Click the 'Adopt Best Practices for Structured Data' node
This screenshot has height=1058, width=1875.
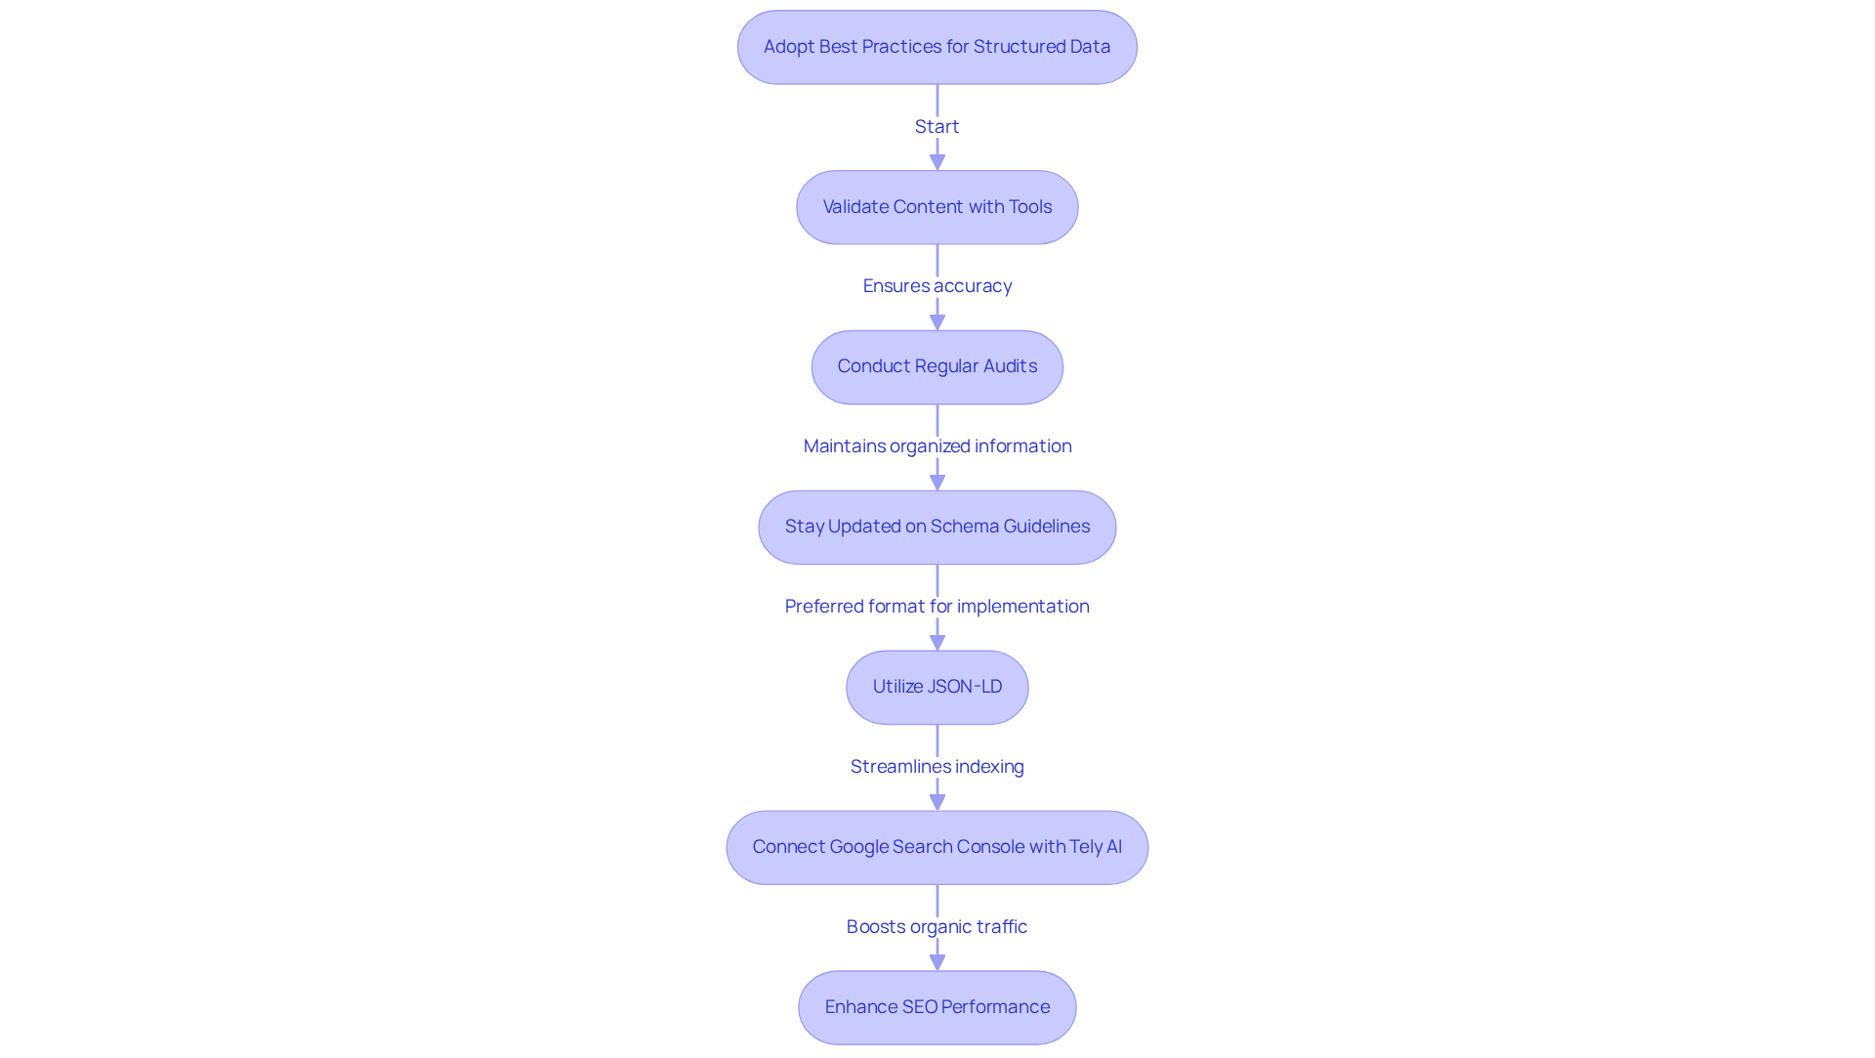click(x=937, y=47)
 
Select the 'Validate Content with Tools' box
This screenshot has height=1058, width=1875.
click(x=937, y=207)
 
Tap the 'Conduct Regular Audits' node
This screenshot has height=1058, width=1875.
click(x=937, y=366)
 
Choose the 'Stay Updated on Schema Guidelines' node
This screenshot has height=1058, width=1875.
click(x=937, y=527)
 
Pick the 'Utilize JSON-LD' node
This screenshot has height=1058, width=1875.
click(x=937, y=687)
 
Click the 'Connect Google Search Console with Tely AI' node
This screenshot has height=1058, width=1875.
click(x=937, y=847)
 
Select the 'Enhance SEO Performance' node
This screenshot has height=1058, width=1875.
click(x=937, y=1007)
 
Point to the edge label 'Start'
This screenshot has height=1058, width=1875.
click(x=937, y=127)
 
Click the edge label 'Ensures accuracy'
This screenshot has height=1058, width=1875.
click(x=937, y=286)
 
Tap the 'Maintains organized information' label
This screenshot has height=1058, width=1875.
click(x=937, y=446)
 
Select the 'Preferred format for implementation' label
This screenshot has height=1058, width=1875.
click(x=937, y=607)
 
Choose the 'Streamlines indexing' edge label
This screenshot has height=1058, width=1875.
click(x=937, y=767)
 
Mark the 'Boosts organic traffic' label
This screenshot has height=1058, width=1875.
click(x=937, y=927)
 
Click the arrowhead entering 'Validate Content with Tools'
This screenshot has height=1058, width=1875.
click(x=937, y=162)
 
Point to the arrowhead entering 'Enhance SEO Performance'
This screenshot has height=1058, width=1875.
click(x=937, y=962)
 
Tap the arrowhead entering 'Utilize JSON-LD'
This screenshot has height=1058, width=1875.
click(x=937, y=642)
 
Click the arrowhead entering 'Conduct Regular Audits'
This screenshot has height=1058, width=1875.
click(x=937, y=322)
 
